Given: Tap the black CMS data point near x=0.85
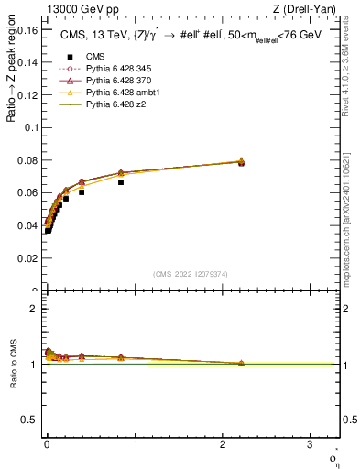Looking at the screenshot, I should pos(121,182).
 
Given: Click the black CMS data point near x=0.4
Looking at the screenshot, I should pos(82,192).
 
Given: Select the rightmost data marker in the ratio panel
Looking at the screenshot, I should pos(241,364).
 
